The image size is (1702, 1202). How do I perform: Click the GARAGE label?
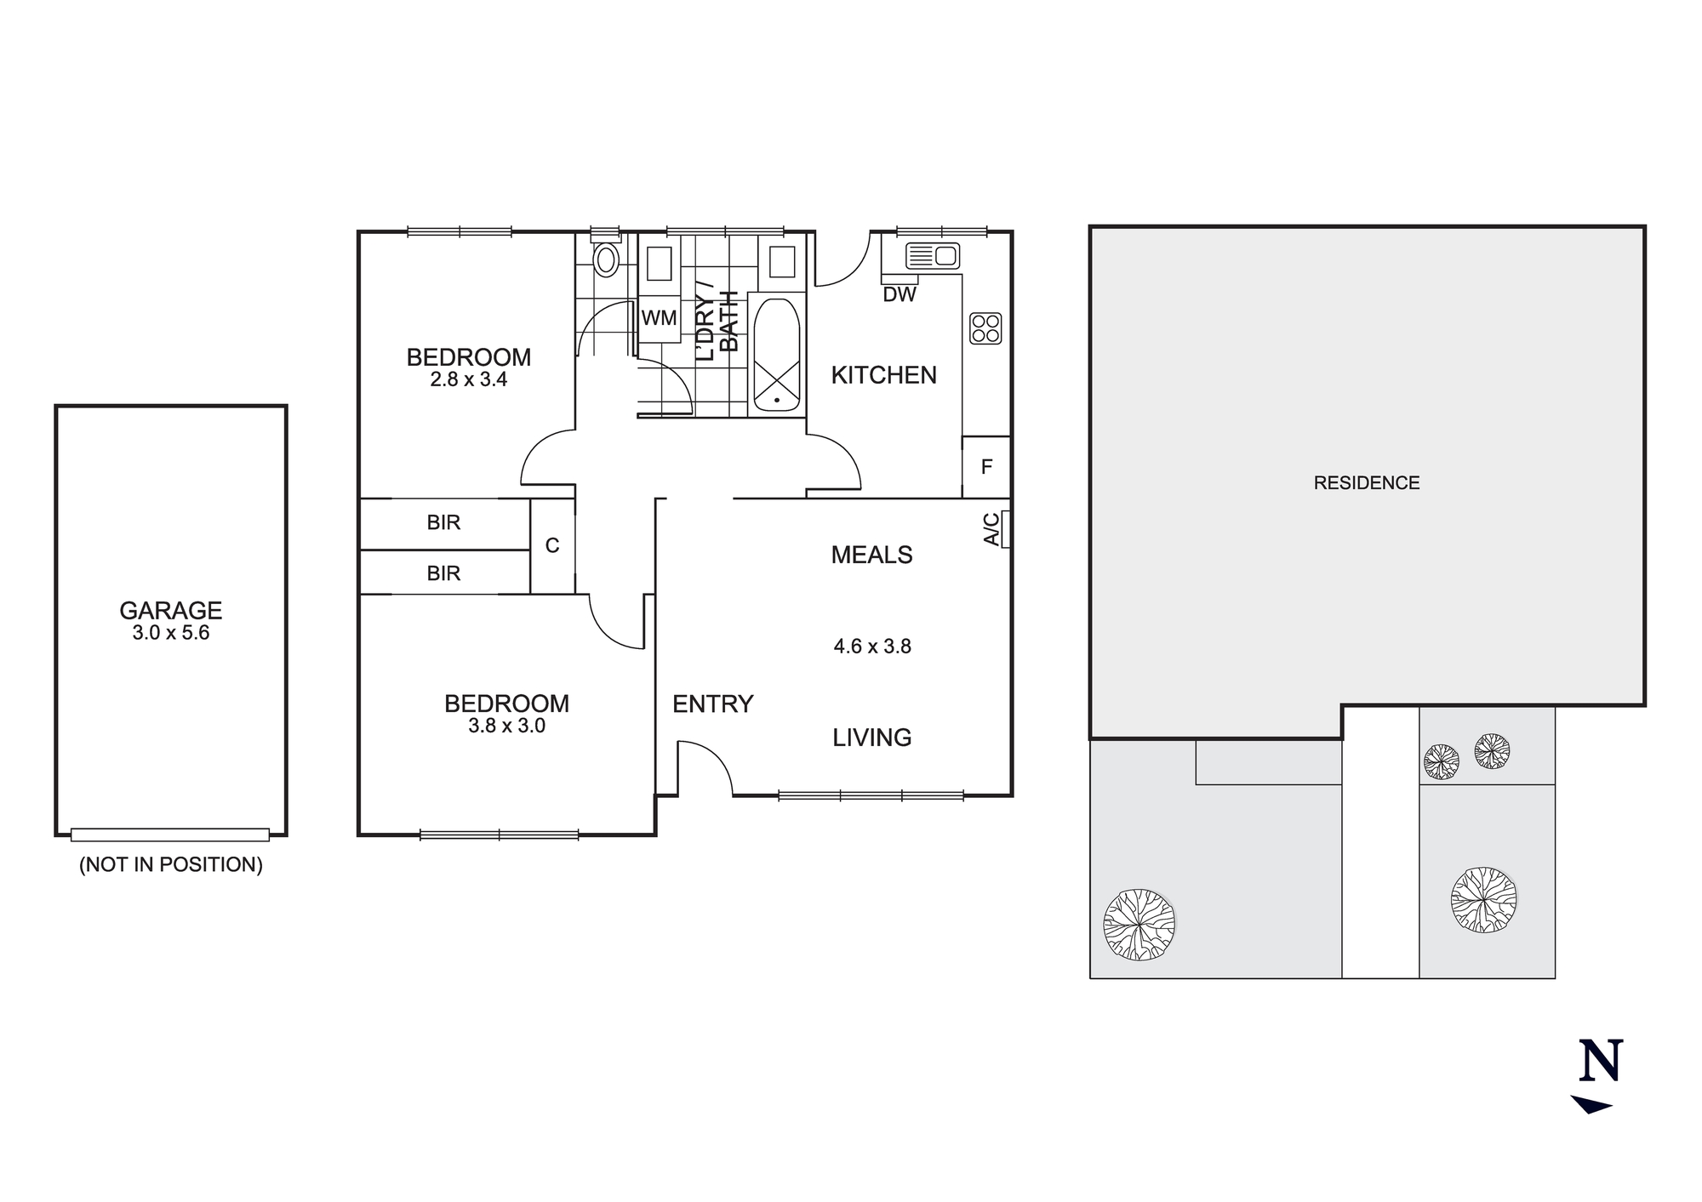click(170, 610)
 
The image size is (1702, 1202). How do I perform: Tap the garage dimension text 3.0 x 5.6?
click(170, 633)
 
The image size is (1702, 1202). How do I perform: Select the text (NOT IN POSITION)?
click(170, 864)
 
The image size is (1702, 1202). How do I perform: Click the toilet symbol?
click(606, 259)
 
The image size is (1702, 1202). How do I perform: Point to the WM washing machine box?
click(659, 318)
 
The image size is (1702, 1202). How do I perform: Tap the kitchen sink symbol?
click(932, 255)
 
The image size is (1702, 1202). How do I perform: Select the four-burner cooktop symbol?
click(985, 328)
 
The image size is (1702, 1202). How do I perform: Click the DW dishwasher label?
click(900, 294)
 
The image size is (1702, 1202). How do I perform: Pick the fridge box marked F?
click(986, 466)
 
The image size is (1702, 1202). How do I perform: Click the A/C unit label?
click(992, 529)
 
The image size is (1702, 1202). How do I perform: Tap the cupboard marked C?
click(552, 545)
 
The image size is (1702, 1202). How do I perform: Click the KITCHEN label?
click(883, 375)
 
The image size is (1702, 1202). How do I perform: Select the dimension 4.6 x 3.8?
click(872, 647)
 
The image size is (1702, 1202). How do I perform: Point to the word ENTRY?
click(713, 704)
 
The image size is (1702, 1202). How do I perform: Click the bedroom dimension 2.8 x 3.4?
click(468, 379)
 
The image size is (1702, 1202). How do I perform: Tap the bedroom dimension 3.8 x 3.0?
click(506, 726)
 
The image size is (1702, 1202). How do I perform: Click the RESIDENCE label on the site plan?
click(1366, 483)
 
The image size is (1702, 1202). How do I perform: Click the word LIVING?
click(871, 738)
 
